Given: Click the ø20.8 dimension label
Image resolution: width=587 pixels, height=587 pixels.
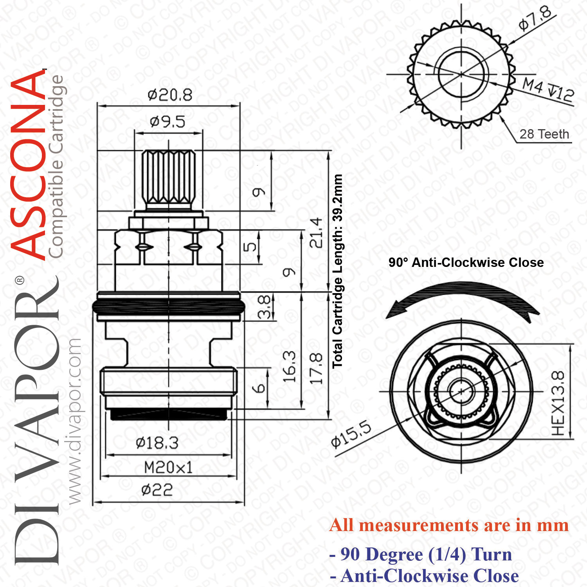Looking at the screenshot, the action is click(x=170, y=95).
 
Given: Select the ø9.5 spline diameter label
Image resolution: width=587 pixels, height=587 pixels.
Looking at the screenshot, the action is click(x=167, y=122).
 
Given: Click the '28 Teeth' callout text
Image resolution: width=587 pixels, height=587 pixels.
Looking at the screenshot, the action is click(x=544, y=134).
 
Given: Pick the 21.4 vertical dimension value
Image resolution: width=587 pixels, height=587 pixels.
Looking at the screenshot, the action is click(x=316, y=232).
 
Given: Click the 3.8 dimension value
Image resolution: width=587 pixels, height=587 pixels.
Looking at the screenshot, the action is click(x=264, y=307).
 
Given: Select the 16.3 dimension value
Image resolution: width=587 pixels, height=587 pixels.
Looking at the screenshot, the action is click(x=289, y=367).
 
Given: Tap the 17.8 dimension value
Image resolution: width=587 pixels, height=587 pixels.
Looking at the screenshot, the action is click(x=316, y=368).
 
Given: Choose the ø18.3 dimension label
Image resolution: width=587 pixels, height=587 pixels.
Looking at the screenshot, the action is click(x=157, y=443).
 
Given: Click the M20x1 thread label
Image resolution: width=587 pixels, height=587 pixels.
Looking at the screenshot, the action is click(x=168, y=467).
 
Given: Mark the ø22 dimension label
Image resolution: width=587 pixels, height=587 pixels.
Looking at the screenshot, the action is click(x=157, y=490).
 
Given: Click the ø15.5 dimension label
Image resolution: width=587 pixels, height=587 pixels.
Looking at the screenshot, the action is click(x=351, y=434).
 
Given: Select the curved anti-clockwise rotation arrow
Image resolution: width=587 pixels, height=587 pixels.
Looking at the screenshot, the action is click(x=462, y=294).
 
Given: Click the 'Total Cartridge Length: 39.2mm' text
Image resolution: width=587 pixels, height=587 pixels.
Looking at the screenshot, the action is click(x=337, y=271).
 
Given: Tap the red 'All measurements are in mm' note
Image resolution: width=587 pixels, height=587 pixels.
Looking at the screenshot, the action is click(x=449, y=525).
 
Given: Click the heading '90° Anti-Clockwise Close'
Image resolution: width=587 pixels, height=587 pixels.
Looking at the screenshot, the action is click(x=466, y=262).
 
